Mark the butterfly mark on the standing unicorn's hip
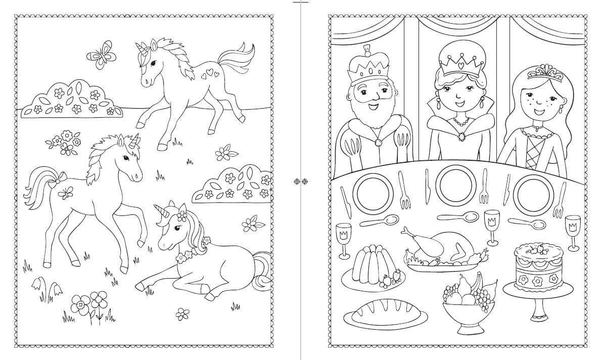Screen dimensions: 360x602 [66, 192]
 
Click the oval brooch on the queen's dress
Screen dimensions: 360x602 [462, 137]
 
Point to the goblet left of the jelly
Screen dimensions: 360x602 [343, 238]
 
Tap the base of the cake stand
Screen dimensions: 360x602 [538, 317]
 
